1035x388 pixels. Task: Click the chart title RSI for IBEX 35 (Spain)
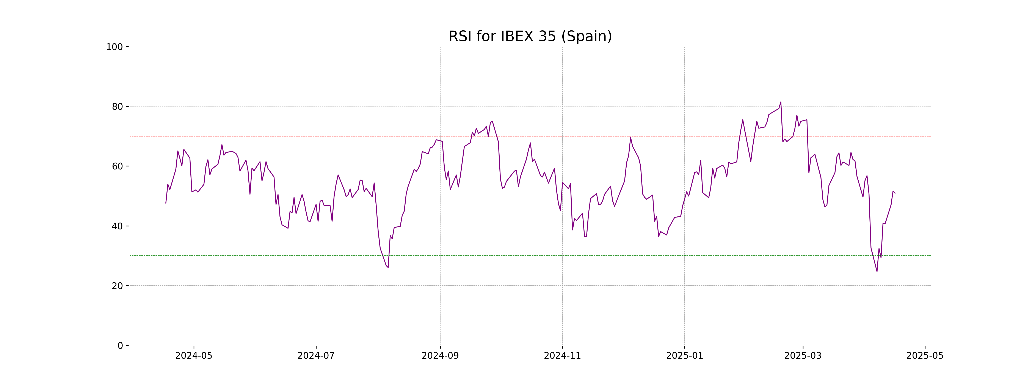530,36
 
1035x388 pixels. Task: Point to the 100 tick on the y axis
114,47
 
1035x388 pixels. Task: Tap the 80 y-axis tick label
117,106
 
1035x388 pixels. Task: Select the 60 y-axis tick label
117,166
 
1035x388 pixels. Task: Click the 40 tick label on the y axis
117,226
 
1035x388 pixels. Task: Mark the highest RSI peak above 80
781,102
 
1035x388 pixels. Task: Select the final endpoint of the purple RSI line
895,193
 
